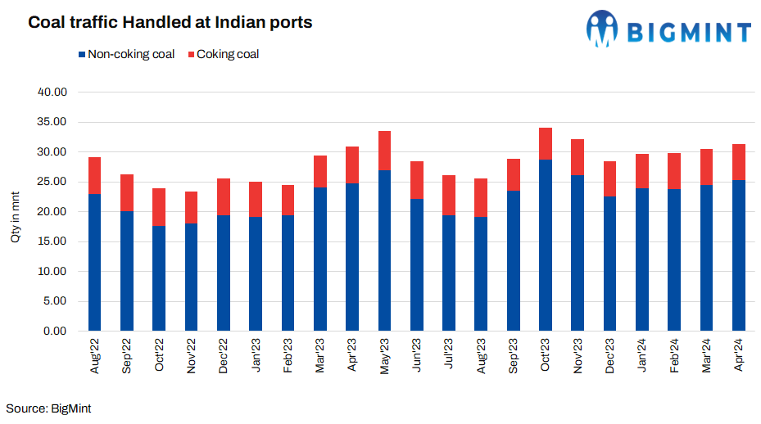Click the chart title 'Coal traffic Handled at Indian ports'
click(x=170, y=23)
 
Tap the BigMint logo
click(x=668, y=29)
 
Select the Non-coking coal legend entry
click(x=126, y=55)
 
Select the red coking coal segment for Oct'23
click(x=545, y=143)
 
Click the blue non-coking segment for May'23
click(x=384, y=250)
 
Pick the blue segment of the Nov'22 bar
click(x=191, y=277)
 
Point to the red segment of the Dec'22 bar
click(x=224, y=196)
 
